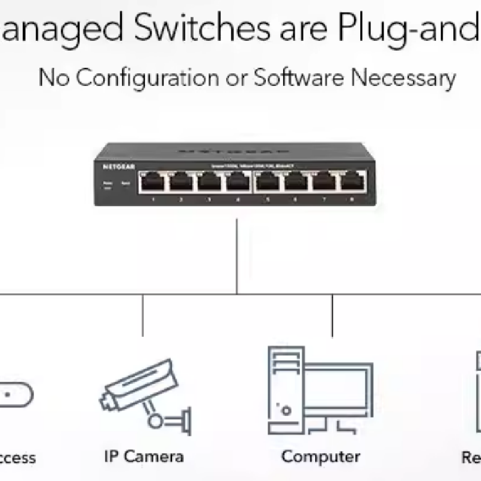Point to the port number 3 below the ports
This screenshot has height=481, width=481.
tap(209, 198)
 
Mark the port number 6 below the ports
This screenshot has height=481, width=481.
tap(295, 198)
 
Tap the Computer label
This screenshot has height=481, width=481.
tap(320, 456)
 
